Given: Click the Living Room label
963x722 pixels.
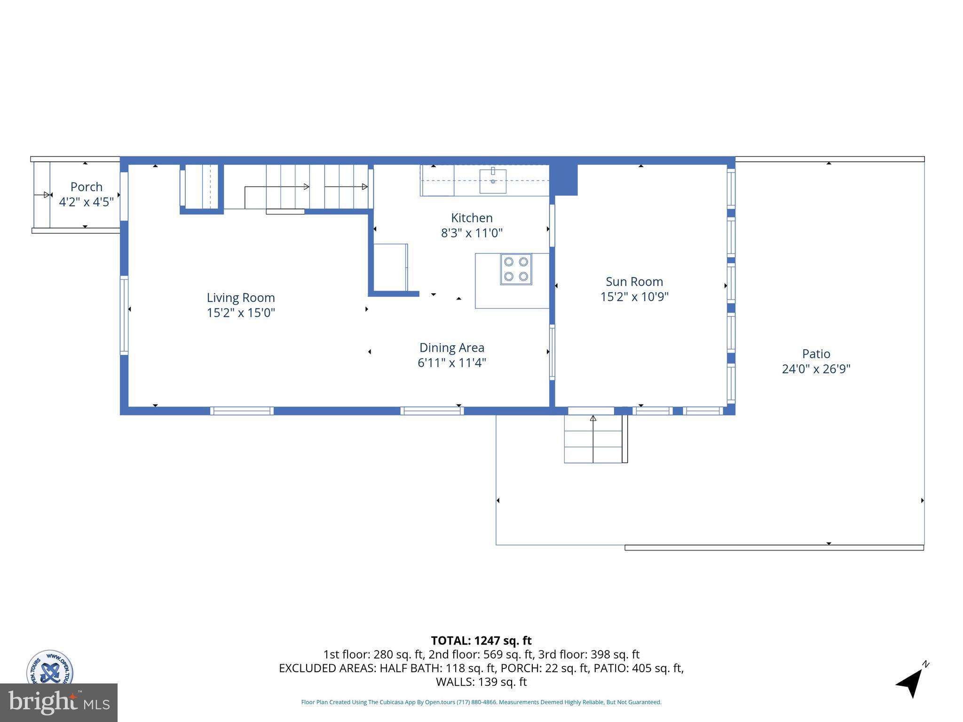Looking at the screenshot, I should [241, 298].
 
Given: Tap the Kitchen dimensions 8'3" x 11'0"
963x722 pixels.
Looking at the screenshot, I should [472, 233].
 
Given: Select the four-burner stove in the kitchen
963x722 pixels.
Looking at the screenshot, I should [516, 269].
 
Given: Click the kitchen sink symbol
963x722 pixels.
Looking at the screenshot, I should [493, 181].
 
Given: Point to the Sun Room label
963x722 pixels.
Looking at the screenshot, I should [634, 282].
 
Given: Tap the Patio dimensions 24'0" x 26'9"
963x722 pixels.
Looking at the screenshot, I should [816, 369].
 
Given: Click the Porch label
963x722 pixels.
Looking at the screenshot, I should [87, 187].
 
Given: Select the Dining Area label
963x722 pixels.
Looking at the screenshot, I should [451, 348].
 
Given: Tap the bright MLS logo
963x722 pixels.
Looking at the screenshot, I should [58, 702].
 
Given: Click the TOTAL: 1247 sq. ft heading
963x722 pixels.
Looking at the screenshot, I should [481, 641].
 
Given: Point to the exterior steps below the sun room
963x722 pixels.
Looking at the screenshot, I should [593, 439].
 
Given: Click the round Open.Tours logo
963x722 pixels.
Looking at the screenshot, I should [50, 667].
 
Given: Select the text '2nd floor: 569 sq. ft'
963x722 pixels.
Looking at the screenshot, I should [487, 654].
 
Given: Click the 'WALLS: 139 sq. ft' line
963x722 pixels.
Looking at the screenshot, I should [481, 682].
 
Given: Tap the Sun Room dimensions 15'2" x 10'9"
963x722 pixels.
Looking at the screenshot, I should [634, 297].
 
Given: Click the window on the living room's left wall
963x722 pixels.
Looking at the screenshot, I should [124, 315].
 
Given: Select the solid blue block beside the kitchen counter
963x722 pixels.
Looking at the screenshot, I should [563, 180].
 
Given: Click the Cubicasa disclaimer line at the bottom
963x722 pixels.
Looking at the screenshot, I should [481, 702].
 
